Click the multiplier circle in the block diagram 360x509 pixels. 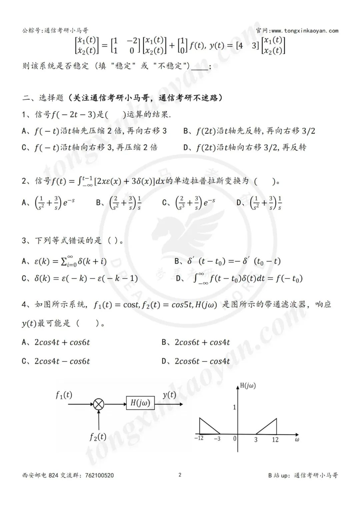click(99, 404)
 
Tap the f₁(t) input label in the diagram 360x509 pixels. click(64, 395)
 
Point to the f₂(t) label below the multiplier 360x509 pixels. click(98, 437)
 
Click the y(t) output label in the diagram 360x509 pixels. click(169, 395)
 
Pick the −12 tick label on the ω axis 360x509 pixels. click(199, 438)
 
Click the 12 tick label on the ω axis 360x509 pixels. click(275, 440)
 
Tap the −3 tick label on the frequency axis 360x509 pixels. click(217, 439)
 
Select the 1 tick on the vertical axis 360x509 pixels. click(234, 407)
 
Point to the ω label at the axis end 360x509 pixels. click(297, 439)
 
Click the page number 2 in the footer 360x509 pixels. click(180, 475)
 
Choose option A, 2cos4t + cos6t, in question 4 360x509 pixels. click(62, 342)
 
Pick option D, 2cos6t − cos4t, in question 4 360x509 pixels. click(202, 361)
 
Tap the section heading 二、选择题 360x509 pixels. click(43, 98)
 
